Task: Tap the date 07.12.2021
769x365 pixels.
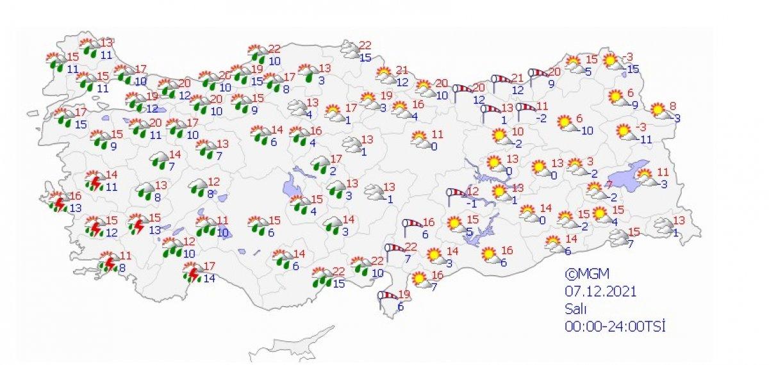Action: pos(600,292)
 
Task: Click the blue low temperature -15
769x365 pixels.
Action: pos(633,69)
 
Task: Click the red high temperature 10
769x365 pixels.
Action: pos(518,132)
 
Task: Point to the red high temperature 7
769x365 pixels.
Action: pos(609,185)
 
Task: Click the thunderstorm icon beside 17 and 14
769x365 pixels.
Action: pos(192,274)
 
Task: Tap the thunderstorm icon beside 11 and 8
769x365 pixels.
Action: pos(109,263)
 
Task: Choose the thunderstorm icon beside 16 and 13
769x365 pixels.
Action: pos(59,203)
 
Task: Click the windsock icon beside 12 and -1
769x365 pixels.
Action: pos(456,194)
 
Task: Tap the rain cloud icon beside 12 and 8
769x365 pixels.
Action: pos(198,188)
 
